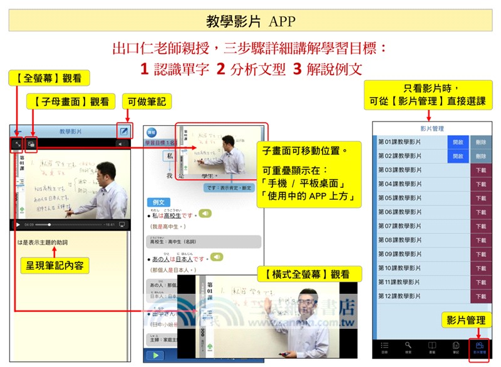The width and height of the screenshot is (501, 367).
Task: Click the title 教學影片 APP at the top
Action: [250, 21]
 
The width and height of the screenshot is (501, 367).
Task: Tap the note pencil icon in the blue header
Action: [124, 132]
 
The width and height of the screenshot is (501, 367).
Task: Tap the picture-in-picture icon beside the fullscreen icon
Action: [31, 143]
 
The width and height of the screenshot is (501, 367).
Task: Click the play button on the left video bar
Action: [18, 224]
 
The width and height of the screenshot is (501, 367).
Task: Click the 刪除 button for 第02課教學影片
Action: [480, 156]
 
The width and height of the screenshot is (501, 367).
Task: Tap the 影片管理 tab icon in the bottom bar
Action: [479, 346]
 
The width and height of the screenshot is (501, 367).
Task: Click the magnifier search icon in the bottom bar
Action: [408, 346]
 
